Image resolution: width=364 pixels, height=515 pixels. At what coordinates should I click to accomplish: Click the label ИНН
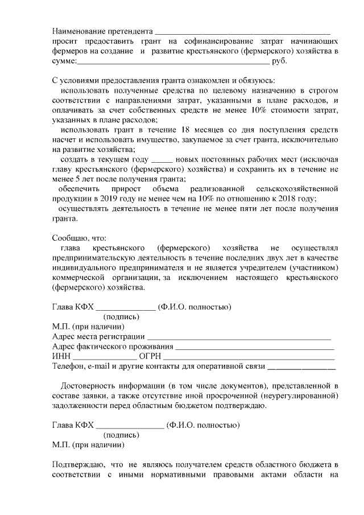[x=60, y=356]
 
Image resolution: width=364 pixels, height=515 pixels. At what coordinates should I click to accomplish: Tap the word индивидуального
[x=84, y=267]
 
